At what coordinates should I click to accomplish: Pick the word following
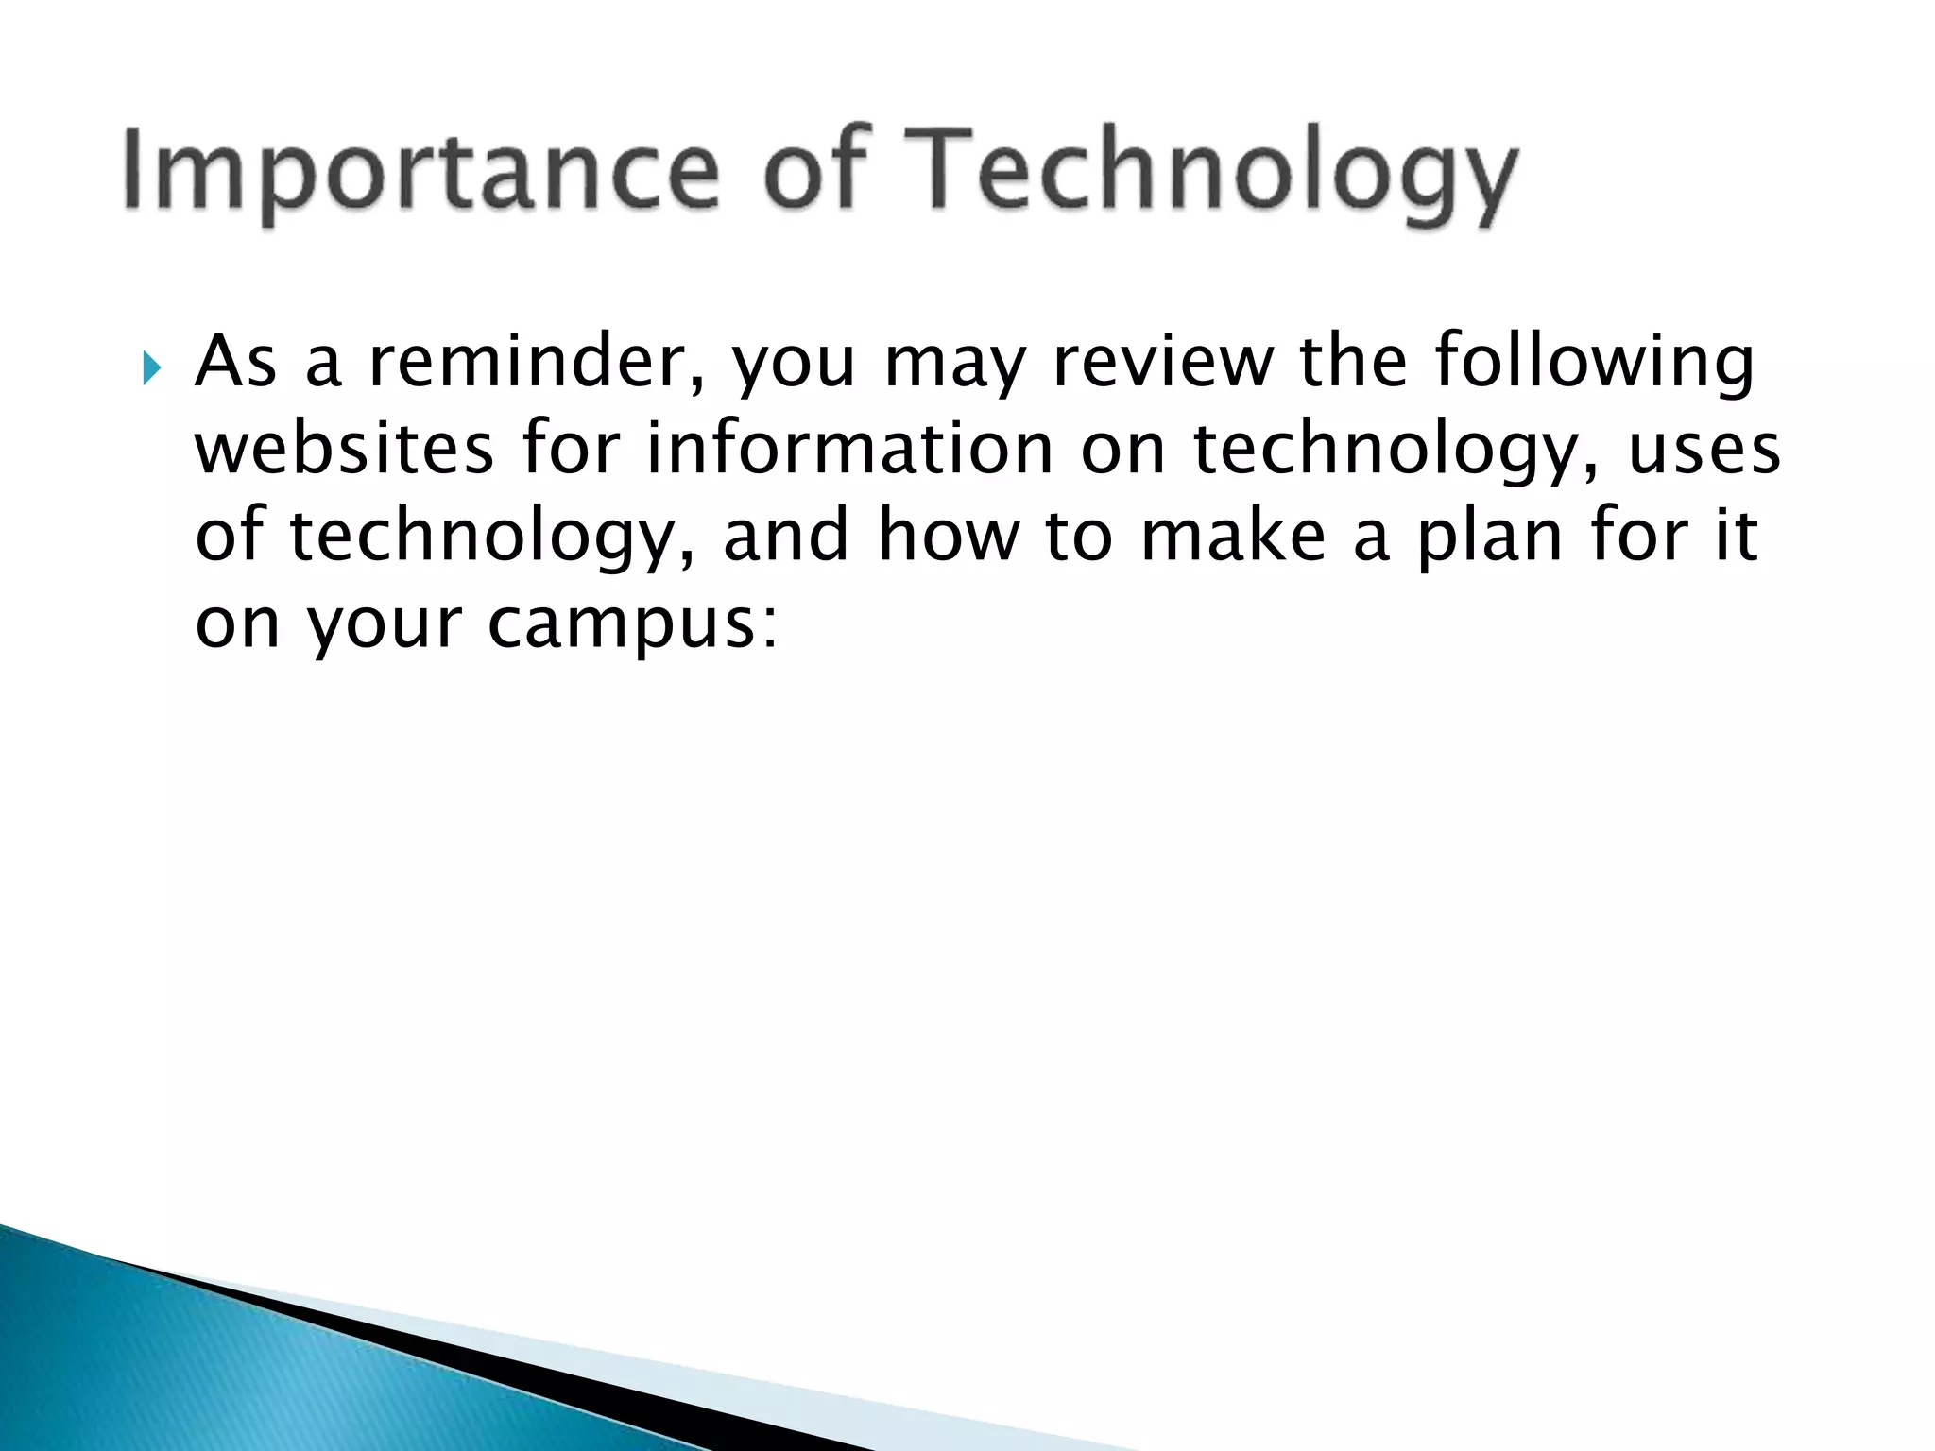(x=1594, y=364)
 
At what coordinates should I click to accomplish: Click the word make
(x=1233, y=536)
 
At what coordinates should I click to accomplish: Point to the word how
(x=949, y=536)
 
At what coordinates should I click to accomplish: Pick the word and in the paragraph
(x=786, y=536)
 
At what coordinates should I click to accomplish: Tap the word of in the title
(x=816, y=170)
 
